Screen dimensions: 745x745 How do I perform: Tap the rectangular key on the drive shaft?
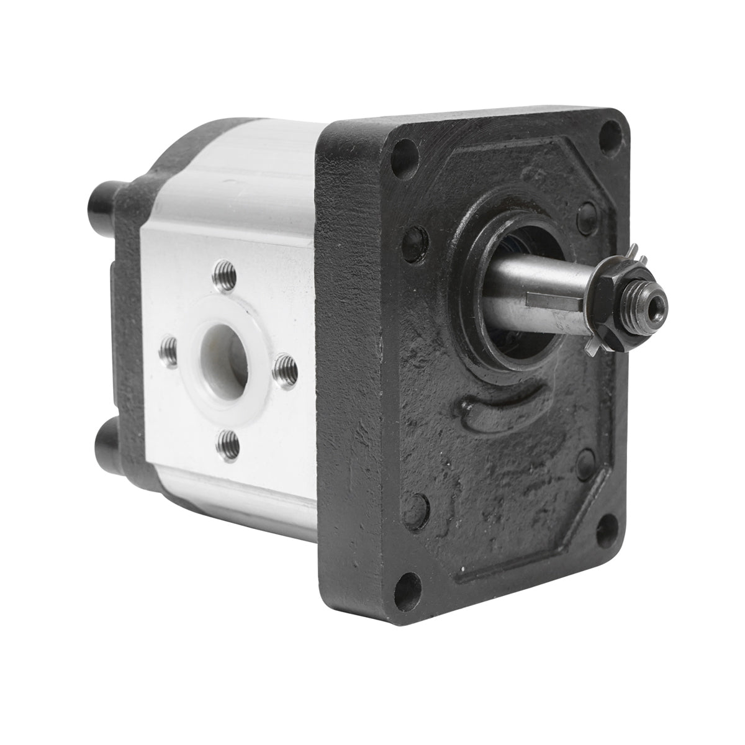click(554, 301)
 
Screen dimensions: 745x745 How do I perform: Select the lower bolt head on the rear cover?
click(107, 438)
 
